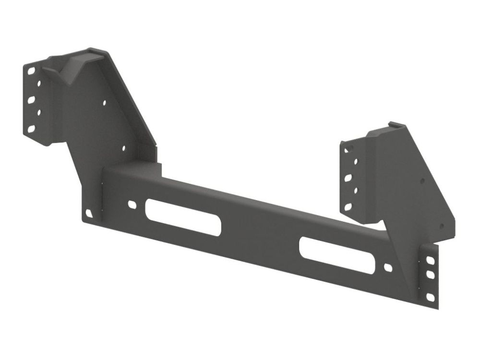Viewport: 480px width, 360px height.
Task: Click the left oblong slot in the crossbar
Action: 184,217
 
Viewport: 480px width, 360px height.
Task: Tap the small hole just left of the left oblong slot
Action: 132,204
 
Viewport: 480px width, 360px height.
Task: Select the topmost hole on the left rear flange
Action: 31,71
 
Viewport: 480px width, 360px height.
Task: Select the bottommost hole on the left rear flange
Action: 31,129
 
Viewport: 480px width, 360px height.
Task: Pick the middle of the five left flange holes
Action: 31,100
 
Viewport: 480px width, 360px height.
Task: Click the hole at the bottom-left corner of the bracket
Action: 89,212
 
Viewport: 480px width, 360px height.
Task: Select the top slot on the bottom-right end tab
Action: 430,260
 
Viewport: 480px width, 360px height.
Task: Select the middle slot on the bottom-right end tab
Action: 430,275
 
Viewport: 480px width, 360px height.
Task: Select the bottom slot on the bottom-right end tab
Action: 430,297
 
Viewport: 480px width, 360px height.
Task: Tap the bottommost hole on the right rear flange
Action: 348,207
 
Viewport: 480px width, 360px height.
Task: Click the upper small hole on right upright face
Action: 422,181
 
